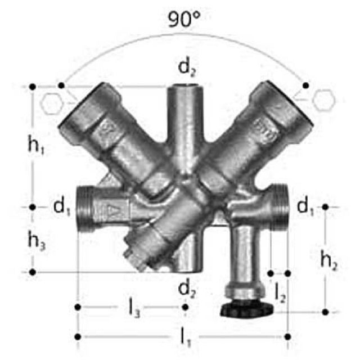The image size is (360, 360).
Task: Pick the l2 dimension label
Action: tap(280, 291)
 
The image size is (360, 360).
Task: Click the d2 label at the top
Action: tap(184, 68)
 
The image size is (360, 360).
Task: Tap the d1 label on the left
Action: tap(61, 208)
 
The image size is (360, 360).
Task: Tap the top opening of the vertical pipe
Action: tap(184, 88)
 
